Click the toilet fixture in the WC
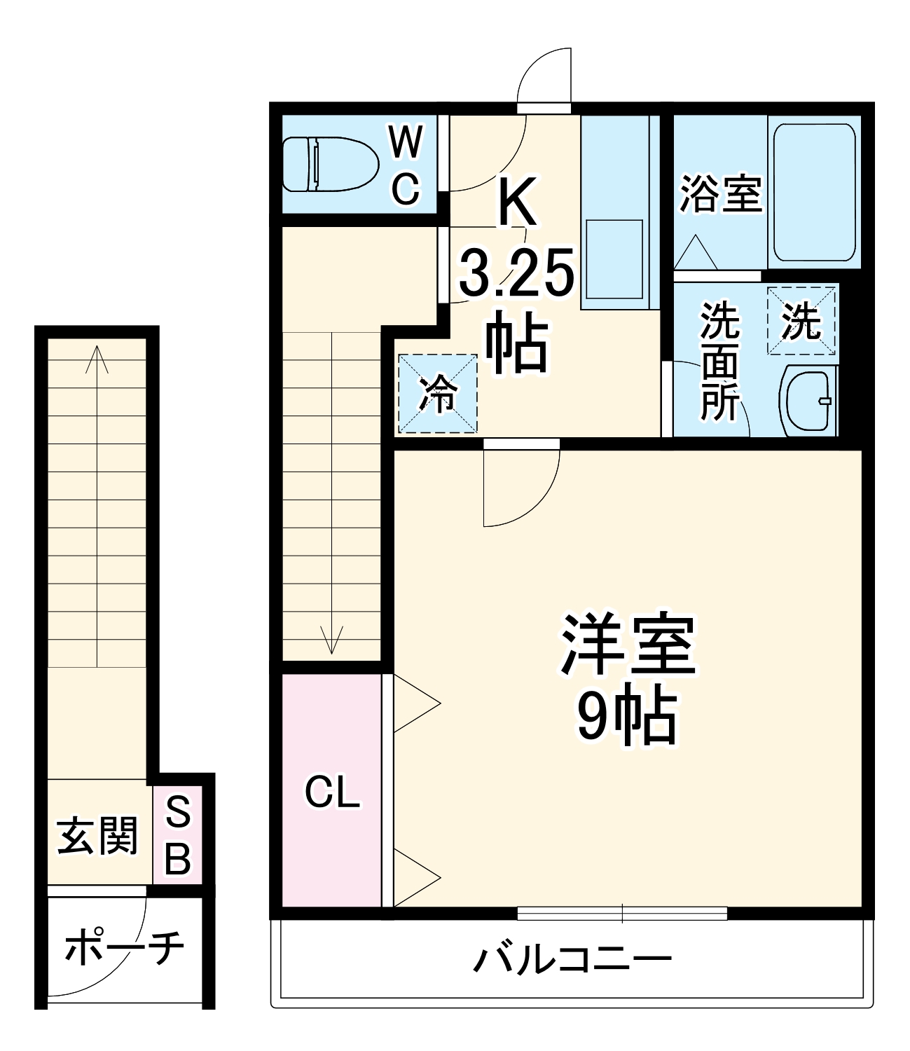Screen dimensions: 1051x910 click(329, 164)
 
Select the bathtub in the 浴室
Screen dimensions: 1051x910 click(814, 191)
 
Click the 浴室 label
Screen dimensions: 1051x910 click(721, 193)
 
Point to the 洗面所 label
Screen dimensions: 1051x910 click(720, 361)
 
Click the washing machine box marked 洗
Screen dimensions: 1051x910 click(801, 322)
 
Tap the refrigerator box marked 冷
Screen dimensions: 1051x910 click(438, 394)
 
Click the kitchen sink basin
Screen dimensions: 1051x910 click(614, 259)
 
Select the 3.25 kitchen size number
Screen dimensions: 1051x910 click(517, 273)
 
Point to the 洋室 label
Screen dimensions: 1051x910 click(628, 645)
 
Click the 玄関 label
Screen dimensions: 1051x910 click(97, 835)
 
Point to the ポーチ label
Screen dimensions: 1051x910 click(124, 947)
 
